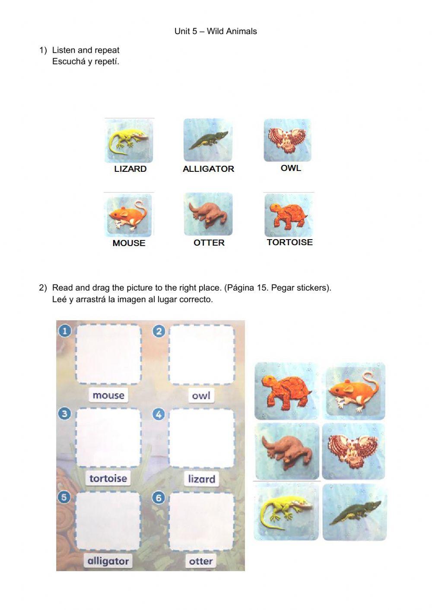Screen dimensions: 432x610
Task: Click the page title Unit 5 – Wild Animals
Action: pyautogui.click(x=216, y=32)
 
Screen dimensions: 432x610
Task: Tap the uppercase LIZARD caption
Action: pyautogui.click(x=130, y=169)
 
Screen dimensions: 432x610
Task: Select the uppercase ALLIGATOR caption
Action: pyautogui.click(x=209, y=169)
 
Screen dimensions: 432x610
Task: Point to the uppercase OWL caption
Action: pyautogui.click(x=291, y=168)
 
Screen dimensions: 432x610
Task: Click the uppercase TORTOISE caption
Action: pyautogui.click(x=290, y=242)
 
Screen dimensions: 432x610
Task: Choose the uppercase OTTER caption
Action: pyautogui.click(x=209, y=243)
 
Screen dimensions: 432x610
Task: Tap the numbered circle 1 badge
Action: pyautogui.click(x=65, y=331)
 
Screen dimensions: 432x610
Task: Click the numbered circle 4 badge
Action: pyautogui.click(x=159, y=414)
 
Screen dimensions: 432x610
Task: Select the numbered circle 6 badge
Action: pyautogui.click(x=159, y=498)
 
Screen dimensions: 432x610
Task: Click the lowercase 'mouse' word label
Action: pyautogui.click(x=108, y=395)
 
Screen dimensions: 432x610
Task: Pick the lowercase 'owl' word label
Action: pyautogui.click(x=201, y=395)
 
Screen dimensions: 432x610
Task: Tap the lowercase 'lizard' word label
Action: pyautogui.click(x=202, y=479)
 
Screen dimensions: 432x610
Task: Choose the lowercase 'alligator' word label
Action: pyautogui.click(x=108, y=561)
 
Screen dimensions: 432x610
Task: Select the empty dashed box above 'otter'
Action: pyautogui.click(x=202, y=522)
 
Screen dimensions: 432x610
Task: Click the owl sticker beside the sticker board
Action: pyautogui.click(x=353, y=451)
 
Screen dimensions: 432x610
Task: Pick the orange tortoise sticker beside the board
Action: pyautogui.click(x=287, y=391)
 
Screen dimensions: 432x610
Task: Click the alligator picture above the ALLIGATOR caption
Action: pyautogui.click(x=208, y=140)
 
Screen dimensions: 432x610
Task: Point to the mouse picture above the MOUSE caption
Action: pyautogui.click(x=128, y=215)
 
